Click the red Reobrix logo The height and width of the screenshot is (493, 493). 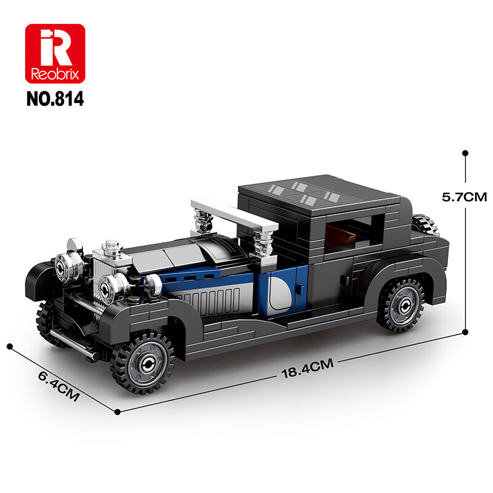click(55, 54)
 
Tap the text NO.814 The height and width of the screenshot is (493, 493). click(55, 99)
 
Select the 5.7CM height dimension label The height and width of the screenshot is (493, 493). click(464, 197)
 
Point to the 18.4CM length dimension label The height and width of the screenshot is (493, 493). click(307, 368)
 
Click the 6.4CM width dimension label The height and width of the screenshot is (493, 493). click(59, 386)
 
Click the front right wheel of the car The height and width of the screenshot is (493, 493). click(144, 363)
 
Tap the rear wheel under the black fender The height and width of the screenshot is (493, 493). click(401, 305)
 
